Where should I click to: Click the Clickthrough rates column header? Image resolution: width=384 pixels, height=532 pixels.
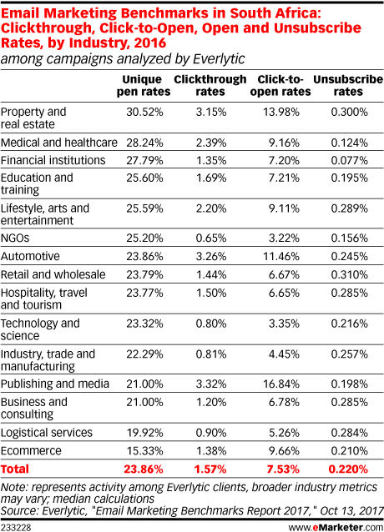click(x=210, y=86)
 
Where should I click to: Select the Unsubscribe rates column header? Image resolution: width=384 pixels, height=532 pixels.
click(x=348, y=86)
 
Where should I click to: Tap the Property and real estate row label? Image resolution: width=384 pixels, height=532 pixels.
click(x=33, y=118)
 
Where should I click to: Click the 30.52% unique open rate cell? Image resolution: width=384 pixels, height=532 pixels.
click(x=144, y=112)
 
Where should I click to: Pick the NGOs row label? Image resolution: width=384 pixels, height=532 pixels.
click(x=15, y=238)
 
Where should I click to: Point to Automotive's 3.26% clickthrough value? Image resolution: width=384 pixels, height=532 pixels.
click(x=211, y=256)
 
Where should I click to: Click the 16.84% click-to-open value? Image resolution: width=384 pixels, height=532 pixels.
click(x=281, y=384)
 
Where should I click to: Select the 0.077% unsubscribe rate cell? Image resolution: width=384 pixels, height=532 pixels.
click(x=350, y=160)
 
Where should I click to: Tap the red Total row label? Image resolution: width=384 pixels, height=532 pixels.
click(x=15, y=469)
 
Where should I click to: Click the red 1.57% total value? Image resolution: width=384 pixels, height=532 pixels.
click(x=210, y=469)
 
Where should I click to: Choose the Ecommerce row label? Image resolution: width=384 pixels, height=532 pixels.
click(x=31, y=450)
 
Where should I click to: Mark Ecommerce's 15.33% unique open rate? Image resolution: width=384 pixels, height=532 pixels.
click(x=144, y=451)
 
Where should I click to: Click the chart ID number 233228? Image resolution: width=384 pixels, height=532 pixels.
click(x=16, y=527)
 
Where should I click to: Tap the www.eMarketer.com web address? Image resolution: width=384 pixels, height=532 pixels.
click(x=336, y=527)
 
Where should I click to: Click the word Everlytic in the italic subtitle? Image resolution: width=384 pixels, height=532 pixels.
click(x=219, y=59)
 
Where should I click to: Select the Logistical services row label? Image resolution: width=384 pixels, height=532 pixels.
click(x=47, y=433)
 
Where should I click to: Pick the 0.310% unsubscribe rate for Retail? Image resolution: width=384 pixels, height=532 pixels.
click(x=350, y=274)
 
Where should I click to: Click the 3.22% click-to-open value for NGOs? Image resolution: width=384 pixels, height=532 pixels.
click(x=284, y=238)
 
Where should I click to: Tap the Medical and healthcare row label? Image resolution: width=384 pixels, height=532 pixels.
click(x=59, y=143)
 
